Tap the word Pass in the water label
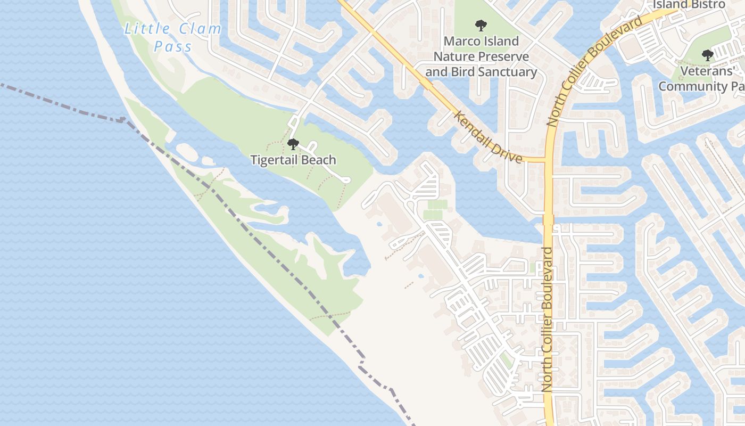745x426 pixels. (173, 47)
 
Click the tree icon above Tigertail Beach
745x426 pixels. (293, 144)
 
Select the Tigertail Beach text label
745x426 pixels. (293, 160)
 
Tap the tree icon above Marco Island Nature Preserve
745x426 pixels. (481, 25)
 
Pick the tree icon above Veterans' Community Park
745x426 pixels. (707, 54)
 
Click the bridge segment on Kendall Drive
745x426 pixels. (426, 84)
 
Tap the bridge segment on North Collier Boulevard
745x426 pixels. (549, 219)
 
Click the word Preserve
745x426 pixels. (503, 56)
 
